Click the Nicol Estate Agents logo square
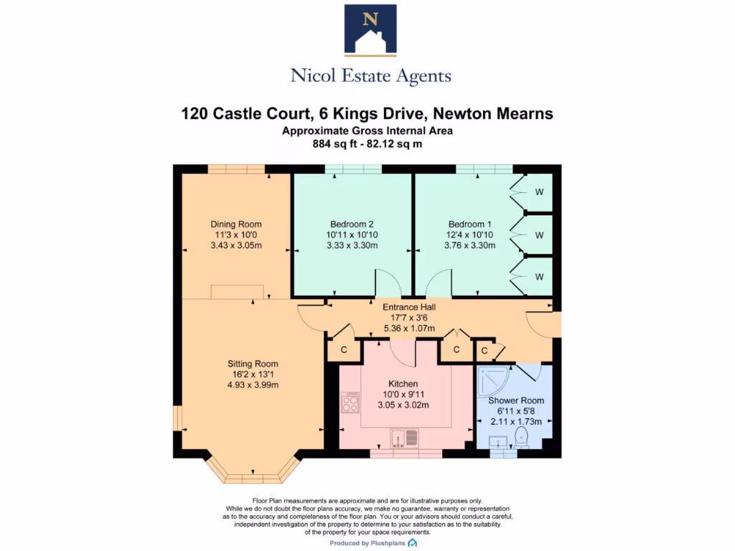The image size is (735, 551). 370,29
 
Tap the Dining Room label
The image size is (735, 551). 235,224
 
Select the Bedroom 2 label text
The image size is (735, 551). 352,224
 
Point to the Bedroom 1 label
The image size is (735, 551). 471,224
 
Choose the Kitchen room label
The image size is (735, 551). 403,384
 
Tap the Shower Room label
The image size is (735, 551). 516,400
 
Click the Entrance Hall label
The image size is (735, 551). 408,307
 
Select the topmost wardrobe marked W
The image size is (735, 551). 539,192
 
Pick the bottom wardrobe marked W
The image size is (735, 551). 539,277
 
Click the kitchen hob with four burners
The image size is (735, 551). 350,402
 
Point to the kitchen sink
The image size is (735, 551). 403,437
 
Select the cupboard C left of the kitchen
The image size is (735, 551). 344,349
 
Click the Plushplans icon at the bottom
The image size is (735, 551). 413,544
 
